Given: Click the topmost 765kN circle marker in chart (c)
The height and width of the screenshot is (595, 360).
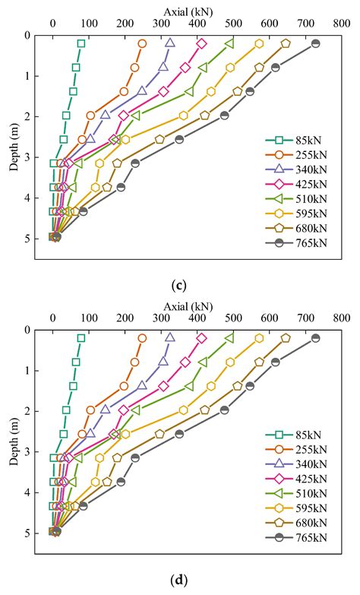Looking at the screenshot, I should pyautogui.click(x=316, y=43).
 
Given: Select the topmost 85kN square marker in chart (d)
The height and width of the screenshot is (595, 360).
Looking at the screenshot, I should pyautogui.click(x=81, y=338).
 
